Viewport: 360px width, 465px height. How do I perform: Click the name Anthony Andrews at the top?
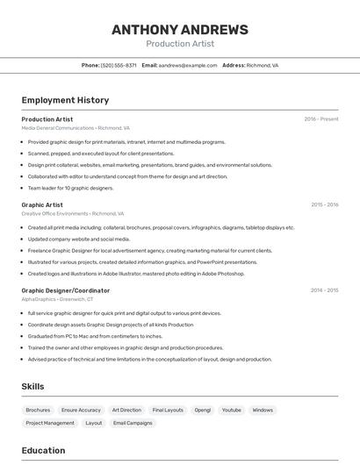[180, 30]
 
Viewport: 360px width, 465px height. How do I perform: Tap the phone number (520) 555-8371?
[119, 65]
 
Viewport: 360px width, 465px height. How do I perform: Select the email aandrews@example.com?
[188, 65]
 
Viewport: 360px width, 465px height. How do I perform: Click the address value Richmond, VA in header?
[263, 65]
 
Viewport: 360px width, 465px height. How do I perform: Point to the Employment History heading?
[65, 100]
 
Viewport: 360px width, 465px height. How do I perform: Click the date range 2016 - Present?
[320, 119]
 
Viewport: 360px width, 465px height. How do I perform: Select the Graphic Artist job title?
[42, 204]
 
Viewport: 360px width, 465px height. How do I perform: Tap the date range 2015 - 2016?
[324, 204]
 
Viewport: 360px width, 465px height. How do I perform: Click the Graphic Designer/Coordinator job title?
[66, 290]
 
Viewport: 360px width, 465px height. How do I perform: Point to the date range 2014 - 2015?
[324, 290]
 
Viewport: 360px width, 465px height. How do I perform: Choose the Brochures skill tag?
[38, 410]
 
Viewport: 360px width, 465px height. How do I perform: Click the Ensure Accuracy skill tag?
[81, 410]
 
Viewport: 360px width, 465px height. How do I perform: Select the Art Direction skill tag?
[126, 410]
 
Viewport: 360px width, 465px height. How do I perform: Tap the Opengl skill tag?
[203, 410]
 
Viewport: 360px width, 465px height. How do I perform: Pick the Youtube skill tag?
[231, 410]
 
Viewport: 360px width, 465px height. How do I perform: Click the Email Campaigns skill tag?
[133, 423]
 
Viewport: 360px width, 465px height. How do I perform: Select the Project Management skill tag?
[50, 423]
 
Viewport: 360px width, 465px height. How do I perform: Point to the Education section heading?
[43, 450]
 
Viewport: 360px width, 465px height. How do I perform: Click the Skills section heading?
[32, 386]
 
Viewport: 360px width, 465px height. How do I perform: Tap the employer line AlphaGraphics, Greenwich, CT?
[57, 299]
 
